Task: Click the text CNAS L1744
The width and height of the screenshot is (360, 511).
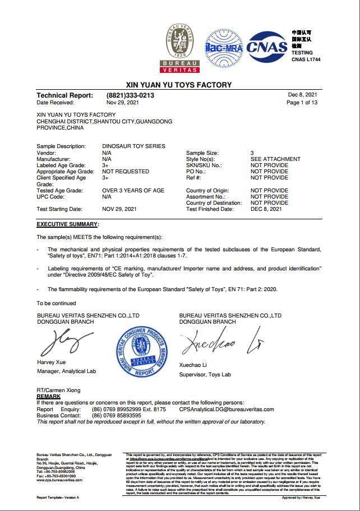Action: click(306, 58)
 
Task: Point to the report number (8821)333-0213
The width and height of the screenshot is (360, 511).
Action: click(130, 96)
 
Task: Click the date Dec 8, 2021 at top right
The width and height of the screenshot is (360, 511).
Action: click(303, 95)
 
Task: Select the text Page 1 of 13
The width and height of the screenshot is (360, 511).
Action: click(302, 103)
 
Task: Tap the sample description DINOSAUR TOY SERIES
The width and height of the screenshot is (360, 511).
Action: click(134, 146)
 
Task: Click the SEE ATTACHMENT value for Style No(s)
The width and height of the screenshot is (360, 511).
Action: click(275, 159)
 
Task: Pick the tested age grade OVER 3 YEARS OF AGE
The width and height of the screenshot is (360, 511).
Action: click(133, 191)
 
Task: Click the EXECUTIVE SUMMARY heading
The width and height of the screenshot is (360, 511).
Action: click(67, 224)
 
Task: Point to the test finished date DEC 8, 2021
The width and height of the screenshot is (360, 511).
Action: click(266, 209)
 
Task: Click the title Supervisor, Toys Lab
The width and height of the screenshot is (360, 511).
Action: click(205, 374)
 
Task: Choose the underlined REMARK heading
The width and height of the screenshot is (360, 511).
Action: click(48, 396)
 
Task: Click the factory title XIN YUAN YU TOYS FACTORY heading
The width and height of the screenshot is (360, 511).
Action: click(180, 85)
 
